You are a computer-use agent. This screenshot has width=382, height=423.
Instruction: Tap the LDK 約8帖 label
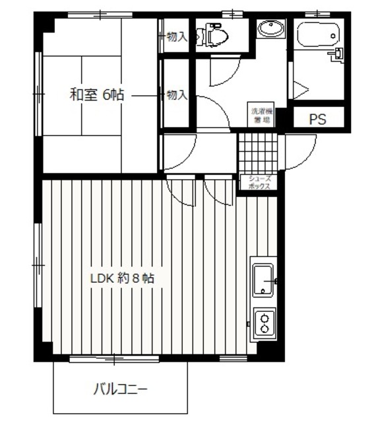click(x=122, y=278)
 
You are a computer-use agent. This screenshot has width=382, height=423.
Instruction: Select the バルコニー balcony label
click(x=119, y=389)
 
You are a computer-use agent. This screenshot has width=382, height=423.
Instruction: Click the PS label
click(x=318, y=120)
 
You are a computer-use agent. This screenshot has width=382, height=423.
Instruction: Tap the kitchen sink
click(x=265, y=279)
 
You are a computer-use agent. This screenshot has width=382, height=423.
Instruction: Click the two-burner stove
click(x=265, y=323)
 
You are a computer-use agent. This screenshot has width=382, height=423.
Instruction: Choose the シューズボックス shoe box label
click(x=259, y=183)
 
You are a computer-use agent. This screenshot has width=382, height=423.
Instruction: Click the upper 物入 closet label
click(x=176, y=37)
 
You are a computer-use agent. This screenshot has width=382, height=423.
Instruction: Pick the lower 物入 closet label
click(x=176, y=95)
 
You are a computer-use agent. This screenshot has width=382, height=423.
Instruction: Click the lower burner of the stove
click(x=265, y=328)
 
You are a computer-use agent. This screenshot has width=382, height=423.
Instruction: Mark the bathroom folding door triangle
click(x=301, y=89)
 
